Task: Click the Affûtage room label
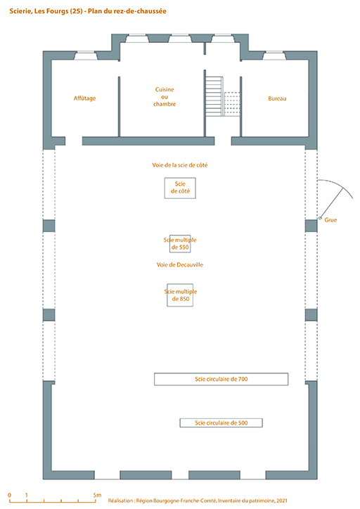[x=84, y=98]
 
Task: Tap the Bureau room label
[x=277, y=98]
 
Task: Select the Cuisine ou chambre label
[x=165, y=97]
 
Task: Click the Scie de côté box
[x=180, y=188]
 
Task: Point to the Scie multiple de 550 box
[x=180, y=244]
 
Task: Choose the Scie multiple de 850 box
[x=180, y=295]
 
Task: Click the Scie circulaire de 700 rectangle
[x=221, y=379]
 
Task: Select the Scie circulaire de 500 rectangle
[x=221, y=423]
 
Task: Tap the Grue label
[x=330, y=220]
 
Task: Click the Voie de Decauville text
[x=180, y=264]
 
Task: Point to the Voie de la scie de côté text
[x=180, y=165]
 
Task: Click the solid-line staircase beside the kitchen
[x=214, y=96]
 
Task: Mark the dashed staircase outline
[x=232, y=104]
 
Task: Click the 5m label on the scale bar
[x=97, y=495]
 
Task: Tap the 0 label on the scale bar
[x=9, y=495]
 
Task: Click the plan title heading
[x=88, y=11]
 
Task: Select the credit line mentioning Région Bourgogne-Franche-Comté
[x=198, y=501]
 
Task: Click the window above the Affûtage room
[x=86, y=56]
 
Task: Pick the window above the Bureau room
[x=274, y=56]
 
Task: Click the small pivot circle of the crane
[x=320, y=218]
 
